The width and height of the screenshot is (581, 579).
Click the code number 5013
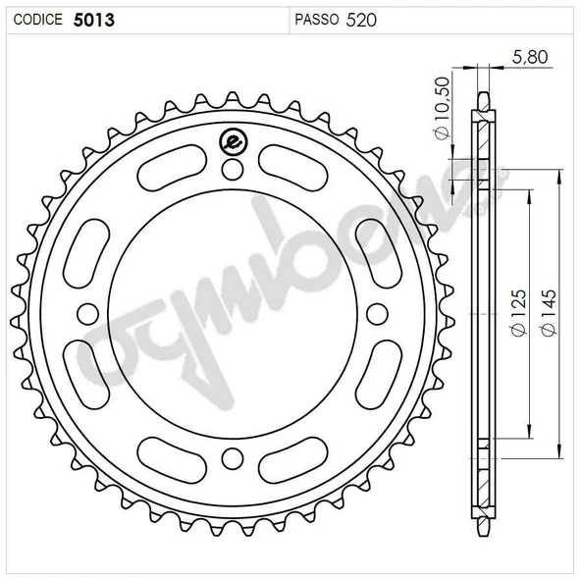[x=94, y=20]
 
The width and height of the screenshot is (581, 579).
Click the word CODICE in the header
[x=38, y=20]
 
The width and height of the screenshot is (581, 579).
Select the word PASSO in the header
[x=316, y=20]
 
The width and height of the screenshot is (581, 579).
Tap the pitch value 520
[x=361, y=20]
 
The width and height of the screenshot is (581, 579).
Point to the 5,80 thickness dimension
[x=530, y=57]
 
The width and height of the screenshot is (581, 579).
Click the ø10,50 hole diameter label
[x=443, y=109]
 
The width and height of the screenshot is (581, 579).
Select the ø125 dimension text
[x=518, y=313]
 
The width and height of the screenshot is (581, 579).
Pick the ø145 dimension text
[x=549, y=313]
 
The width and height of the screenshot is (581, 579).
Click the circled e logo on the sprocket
[x=234, y=141]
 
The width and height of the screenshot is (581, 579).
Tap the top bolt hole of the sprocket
[x=233, y=170]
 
